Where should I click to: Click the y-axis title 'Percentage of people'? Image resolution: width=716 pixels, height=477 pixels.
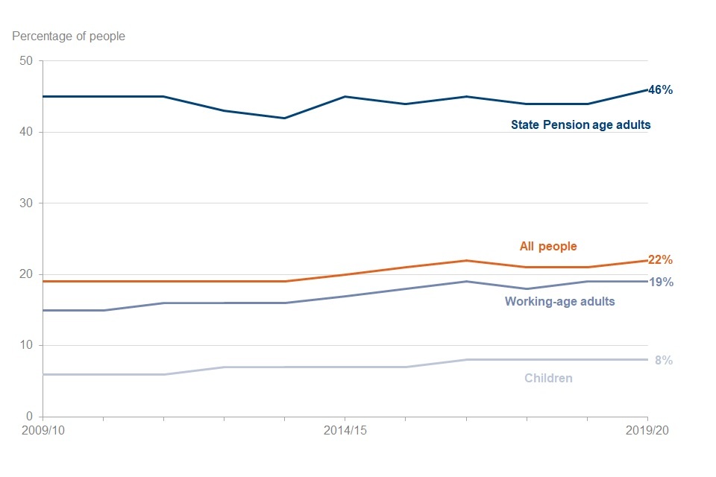click(69, 36)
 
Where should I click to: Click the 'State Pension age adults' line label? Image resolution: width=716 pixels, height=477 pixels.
click(580, 125)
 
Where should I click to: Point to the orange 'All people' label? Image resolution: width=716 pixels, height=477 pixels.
click(548, 246)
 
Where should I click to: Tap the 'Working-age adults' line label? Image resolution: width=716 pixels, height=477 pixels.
click(559, 302)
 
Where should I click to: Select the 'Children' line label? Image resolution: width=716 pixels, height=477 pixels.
click(548, 378)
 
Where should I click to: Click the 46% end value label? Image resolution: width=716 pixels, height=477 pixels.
click(661, 90)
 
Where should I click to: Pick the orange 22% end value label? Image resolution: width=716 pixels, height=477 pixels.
click(661, 260)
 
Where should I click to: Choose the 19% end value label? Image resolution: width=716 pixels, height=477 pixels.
click(661, 282)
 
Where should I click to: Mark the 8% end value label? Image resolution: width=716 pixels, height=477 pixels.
click(664, 360)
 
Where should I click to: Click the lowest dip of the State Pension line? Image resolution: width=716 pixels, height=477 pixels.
click(284, 118)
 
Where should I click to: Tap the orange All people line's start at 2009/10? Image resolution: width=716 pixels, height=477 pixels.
click(43, 281)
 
